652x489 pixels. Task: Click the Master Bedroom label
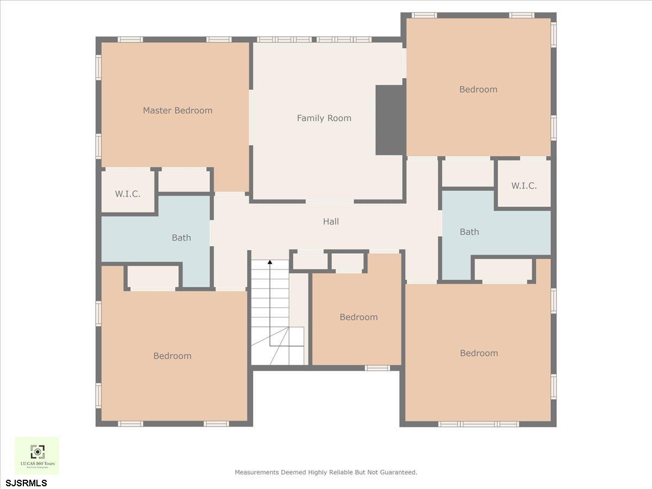pyautogui.click(x=178, y=110)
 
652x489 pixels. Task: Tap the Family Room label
pyautogui.click(x=324, y=118)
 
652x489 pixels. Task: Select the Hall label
pyautogui.click(x=331, y=221)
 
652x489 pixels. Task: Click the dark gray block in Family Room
pyautogui.click(x=390, y=120)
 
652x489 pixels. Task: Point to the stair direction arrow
pyautogui.click(x=269, y=264)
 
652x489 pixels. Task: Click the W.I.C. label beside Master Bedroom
pyautogui.click(x=128, y=194)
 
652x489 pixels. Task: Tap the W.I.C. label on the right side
pyautogui.click(x=524, y=185)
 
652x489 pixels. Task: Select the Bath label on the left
pyautogui.click(x=181, y=237)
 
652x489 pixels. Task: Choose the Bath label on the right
pyautogui.click(x=469, y=232)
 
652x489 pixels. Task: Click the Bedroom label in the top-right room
pyautogui.click(x=478, y=89)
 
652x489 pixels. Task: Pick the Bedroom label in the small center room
pyautogui.click(x=359, y=317)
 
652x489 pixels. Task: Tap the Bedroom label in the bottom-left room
pyautogui.click(x=172, y=356)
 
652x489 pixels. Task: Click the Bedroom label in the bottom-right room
pyautogui.click(x=479, y=353)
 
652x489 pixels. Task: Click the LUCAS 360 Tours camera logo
pyautogui.click(x=37, y=451)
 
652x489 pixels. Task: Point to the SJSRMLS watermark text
pyautogui.click(x=27, y=482)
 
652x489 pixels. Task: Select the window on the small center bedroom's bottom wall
pyautogui.click(x=377, y=368)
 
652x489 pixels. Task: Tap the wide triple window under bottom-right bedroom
pyautogui.click(x=479, y=424)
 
